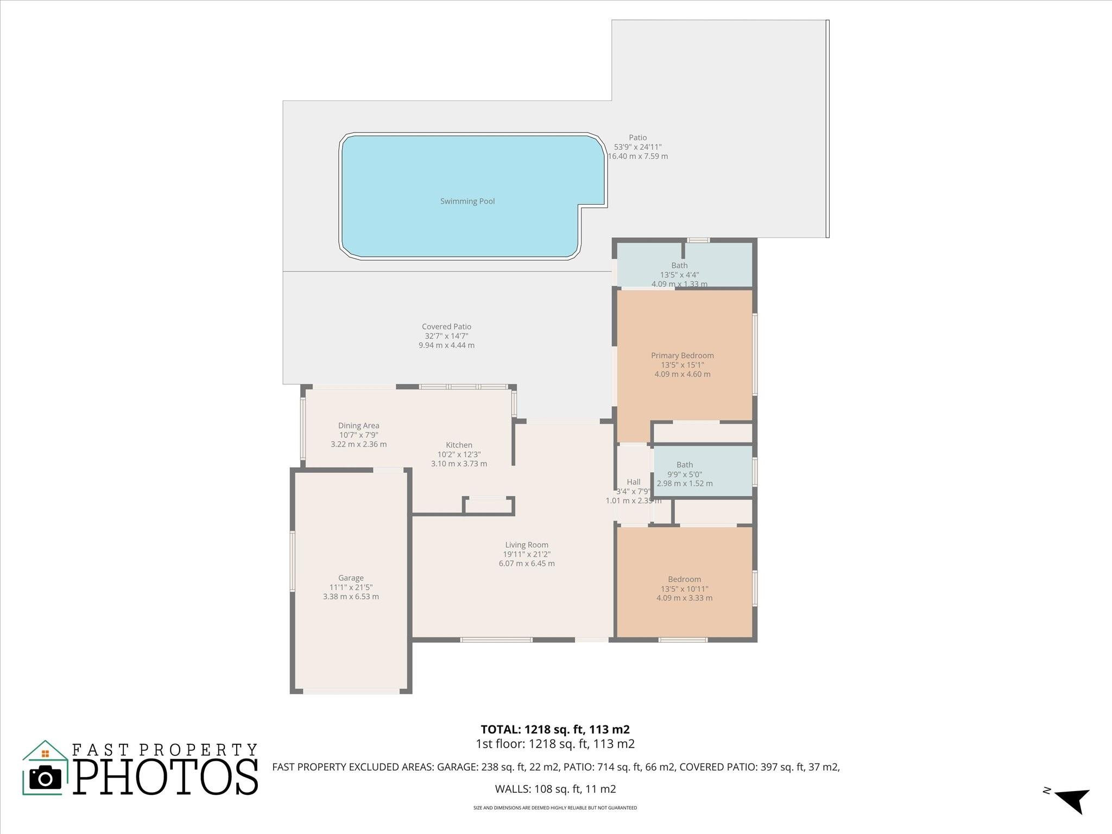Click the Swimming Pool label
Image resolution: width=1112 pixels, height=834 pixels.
tap(467, 201)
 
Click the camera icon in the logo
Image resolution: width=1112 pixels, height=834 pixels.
tap(45, 778)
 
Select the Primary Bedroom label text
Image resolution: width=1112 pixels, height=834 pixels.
tap(682, 356)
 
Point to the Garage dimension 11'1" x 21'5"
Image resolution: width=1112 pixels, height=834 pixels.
tap(351, 587)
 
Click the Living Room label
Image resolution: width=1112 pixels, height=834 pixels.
tap(527, 545)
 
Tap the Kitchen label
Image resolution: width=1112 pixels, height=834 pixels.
tap(459, 445)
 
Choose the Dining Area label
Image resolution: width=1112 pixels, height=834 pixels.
tap(358, 426)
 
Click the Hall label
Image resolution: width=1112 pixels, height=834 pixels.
tap(633, 482)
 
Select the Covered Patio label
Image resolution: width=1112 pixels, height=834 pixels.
tap(446, 327)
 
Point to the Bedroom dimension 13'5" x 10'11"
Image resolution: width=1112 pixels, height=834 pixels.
tap(684, 589)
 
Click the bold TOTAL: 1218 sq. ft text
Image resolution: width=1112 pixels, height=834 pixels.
tap(555, 729)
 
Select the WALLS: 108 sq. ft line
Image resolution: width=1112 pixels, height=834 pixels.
tap(555, 789)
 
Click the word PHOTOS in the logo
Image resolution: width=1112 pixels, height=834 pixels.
tap(166, 778)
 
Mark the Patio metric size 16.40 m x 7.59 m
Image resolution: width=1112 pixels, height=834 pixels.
tap(637, 156)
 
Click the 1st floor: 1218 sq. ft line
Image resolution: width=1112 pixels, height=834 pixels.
tap(555, 744)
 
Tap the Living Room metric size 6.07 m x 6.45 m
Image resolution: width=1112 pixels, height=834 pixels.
tap(527, 564)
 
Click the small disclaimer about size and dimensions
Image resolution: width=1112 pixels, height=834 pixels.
tap(555, 808)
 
